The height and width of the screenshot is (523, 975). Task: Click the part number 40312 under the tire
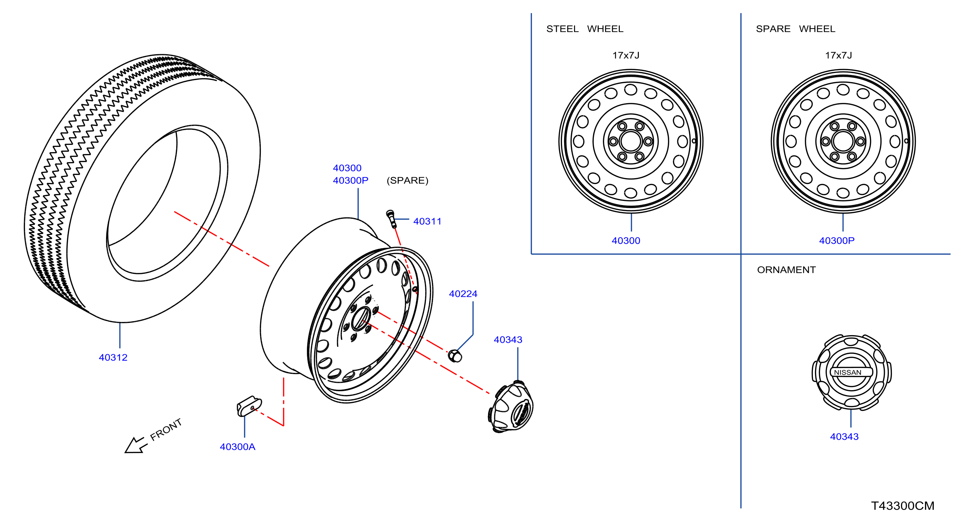[x=113, y=357]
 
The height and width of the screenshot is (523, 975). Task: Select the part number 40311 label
[x=427, y=221]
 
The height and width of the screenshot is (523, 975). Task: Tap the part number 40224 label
[x=463, y=294]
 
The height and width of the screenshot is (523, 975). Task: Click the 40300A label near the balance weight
[x=238, y=447]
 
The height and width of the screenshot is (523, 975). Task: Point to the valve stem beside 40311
[x=392, y=219]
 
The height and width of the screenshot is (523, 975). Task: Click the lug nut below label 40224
[x=455, y=356]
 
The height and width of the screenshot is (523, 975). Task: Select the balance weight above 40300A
[x=249, y=406]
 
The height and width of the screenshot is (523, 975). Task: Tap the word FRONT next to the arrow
[x=166, y=430]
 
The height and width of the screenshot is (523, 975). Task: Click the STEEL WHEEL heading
[x=585, y=29]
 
